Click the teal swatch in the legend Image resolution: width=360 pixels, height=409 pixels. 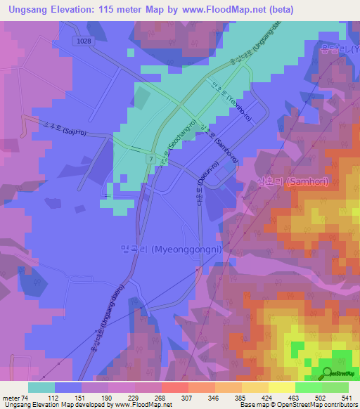pos(41,387)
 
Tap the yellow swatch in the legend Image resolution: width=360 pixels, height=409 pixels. pos(281,387)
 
